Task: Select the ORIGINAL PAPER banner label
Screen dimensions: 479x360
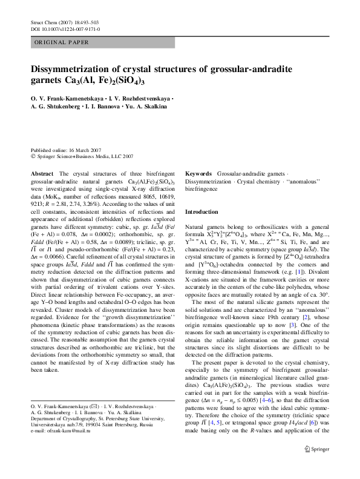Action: pos(62,42)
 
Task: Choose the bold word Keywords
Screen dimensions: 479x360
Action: pos(198,174)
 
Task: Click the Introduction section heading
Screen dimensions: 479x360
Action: pos(201,212)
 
